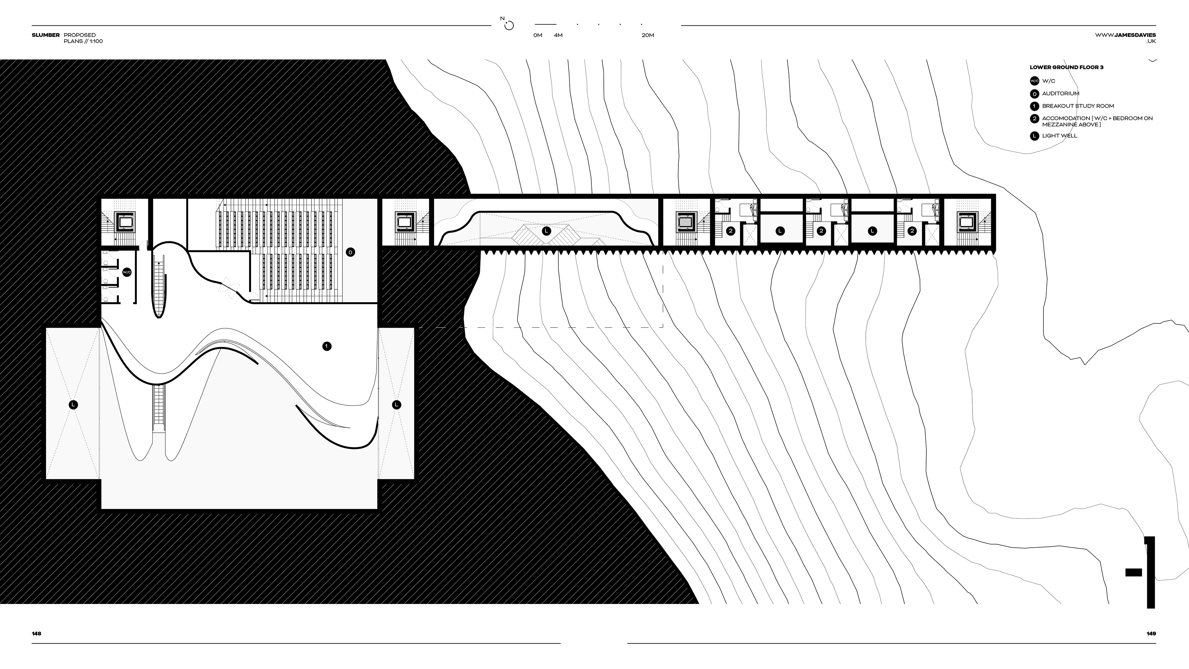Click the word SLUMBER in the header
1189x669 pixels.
click(x=46, y=35)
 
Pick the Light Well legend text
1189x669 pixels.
click(x=1059, y=136)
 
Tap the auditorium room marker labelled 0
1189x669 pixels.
click(x=350, y=252)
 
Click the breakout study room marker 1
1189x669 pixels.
click(x=327, y=346)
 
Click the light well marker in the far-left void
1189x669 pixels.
click(x=73, y=405)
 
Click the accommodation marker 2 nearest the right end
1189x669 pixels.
click(x=912, y=231)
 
